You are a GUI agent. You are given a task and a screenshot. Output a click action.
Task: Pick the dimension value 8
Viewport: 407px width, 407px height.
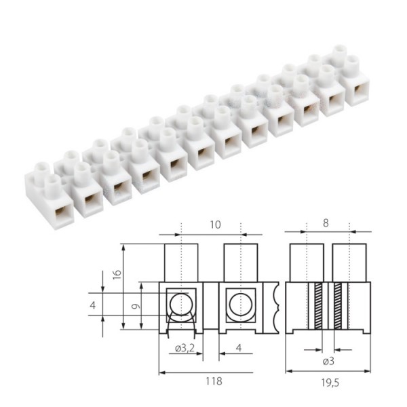pos(328,225)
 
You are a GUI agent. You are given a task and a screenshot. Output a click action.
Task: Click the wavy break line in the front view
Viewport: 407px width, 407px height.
pos(275,309)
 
